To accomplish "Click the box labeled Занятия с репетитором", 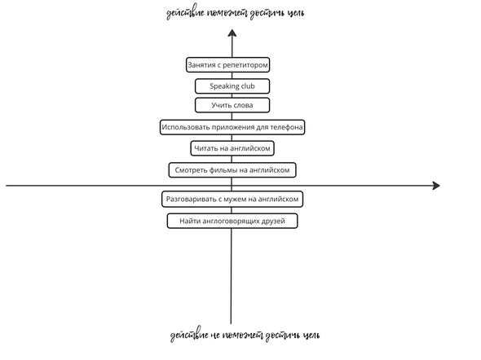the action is point(227,65).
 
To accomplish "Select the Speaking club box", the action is point(232,86).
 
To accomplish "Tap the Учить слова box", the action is point(232,105).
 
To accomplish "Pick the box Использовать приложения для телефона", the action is point(232,127).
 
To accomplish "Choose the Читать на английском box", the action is point(232,148).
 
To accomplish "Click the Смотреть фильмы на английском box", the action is point(232,170).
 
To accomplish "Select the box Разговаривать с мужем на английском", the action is point(232,200).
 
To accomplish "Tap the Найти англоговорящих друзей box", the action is point(232,221).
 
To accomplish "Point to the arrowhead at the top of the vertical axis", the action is point(232,33).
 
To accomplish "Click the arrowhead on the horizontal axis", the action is point(436,186).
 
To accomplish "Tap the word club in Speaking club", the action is point(247,86).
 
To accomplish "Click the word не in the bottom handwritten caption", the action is point(215,336).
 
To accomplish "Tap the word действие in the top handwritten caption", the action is point(185,13).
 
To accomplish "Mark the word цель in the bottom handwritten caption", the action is point(311,336).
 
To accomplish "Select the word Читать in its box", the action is point(205,148).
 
